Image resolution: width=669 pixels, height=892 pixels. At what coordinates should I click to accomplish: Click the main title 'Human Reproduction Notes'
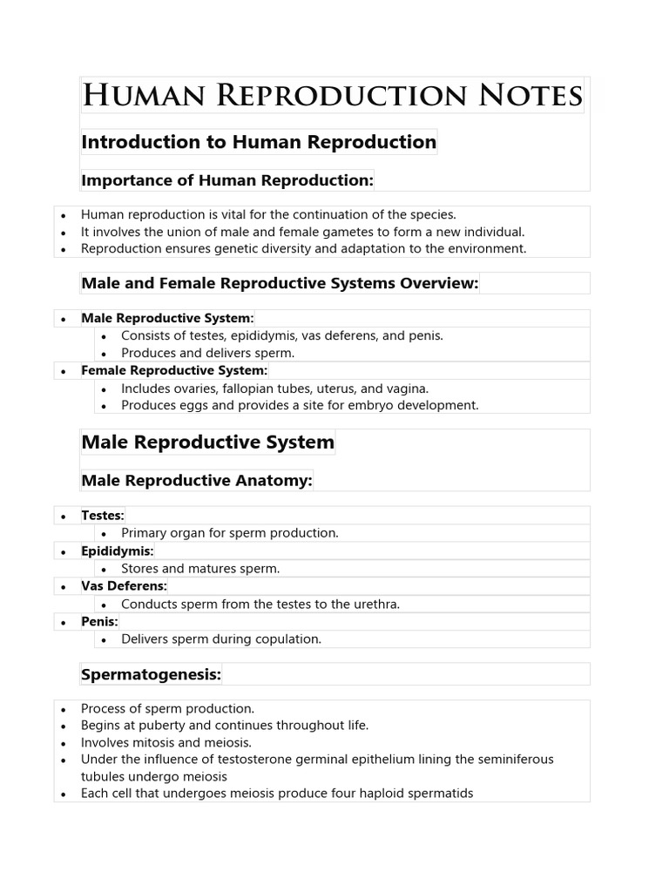[x=332, y=95]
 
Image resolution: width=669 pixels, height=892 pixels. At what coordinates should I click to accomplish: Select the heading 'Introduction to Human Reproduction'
[x=259, y=142]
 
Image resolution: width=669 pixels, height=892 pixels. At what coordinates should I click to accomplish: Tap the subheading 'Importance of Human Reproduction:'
[x=226, y=180]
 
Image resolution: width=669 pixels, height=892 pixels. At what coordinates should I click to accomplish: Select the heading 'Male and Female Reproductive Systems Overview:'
[x=280, y=283]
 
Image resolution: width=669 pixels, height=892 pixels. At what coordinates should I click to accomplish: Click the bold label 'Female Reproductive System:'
[x=174, y=370]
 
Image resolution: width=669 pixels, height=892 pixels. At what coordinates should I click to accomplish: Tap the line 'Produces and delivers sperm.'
[x=208, y=353]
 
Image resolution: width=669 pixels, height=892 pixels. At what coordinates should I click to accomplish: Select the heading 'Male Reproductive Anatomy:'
[x=196, y=480]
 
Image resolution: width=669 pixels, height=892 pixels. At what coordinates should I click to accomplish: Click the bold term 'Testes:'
[x=103, y=516]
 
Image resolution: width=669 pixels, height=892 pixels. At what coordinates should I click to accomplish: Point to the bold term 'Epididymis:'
[x=117, y=551]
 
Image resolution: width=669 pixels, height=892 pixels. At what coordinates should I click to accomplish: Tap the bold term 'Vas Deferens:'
[x=124, y=586]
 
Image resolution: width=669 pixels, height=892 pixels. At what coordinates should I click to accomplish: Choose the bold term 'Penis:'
[x=99, y=621]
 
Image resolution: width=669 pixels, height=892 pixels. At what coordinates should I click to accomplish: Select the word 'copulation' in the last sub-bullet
[x=289, y=639]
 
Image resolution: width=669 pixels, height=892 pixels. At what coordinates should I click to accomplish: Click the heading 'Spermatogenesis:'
[x=151, y=674]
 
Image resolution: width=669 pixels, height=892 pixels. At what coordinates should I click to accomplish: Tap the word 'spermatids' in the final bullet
[x=442, y=794]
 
